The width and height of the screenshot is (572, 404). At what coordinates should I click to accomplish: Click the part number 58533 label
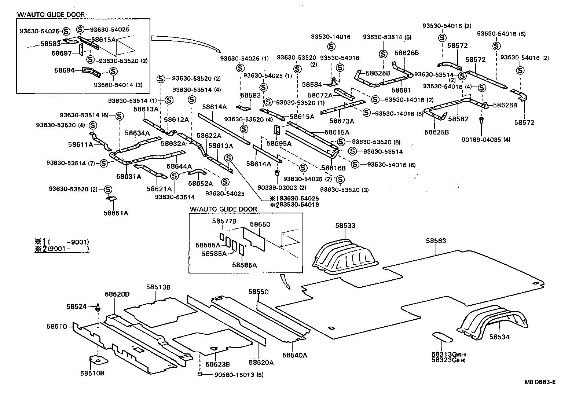[345, 226]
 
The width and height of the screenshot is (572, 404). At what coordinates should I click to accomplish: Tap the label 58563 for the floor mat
[436, 241]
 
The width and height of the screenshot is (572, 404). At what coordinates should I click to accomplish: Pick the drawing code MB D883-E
[539, 382]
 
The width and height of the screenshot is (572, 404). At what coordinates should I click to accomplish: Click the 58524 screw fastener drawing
[98, 307]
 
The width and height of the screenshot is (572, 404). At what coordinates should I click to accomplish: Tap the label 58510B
[92, 373]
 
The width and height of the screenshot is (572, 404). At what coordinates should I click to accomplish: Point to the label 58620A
[261, 362]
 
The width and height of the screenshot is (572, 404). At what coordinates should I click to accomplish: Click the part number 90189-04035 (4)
[491, 140]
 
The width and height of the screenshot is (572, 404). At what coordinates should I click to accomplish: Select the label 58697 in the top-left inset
[61, 54]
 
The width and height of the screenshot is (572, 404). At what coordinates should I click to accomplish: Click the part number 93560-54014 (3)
[118, 85]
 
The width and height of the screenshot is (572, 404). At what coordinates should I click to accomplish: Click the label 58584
[312, 84]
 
